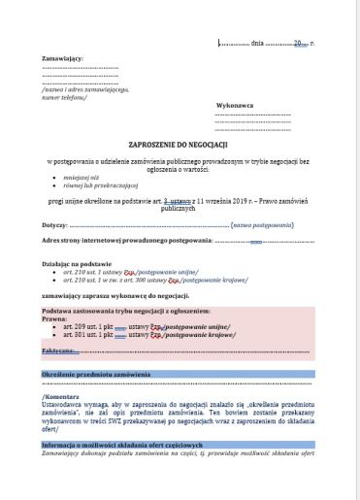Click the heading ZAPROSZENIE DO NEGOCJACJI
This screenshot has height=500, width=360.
[x=180, y=142]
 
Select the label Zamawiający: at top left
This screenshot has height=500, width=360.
[x=62, y=59]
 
